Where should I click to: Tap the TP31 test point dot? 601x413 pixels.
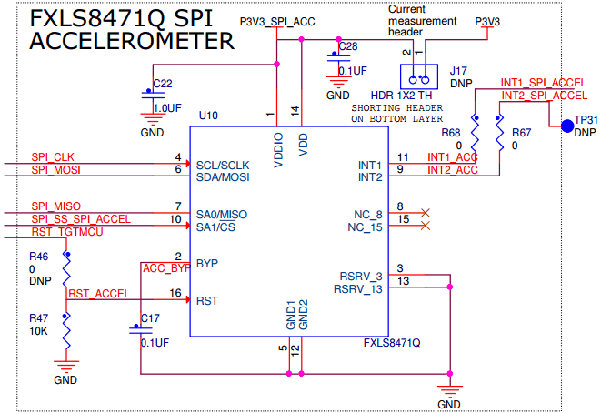(567, 126)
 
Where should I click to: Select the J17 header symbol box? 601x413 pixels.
(419, 76)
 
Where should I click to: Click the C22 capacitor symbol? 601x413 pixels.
(153, 95)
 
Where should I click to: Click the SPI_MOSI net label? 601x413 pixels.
(56, 170)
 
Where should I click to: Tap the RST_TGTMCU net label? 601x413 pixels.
(67, 232)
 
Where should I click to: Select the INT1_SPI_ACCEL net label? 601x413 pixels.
(543, 83)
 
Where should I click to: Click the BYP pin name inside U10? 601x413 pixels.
(207, 264)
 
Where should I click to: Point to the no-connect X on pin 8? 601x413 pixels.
(426, 213)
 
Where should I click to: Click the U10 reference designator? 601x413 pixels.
(208, 116)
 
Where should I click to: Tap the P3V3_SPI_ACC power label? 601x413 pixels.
(277, 22)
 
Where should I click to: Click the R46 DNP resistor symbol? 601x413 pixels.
(66, 268)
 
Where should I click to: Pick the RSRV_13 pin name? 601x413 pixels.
(358, 289)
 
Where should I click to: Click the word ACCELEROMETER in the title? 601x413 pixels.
(132, 41)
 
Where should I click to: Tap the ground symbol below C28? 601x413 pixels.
(338, 82)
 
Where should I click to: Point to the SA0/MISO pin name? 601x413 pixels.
(222, 215)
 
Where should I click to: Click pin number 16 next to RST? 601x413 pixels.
(175, 293)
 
